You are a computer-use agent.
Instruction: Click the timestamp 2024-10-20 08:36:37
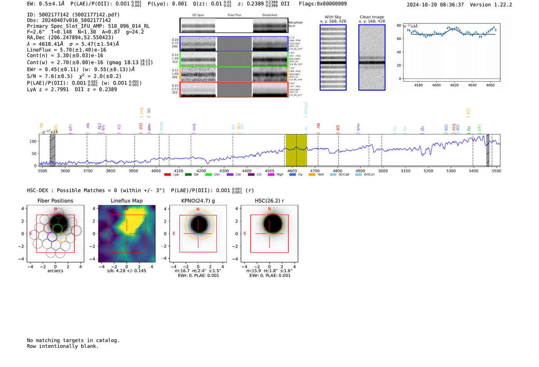435,5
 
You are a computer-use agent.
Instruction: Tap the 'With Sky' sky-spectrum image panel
333,57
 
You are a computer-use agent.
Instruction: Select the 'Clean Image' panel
372,57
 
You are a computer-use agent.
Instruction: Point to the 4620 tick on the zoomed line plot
454,85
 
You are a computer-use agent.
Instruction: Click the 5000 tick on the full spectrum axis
383,171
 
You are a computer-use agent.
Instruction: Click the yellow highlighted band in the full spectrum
296,150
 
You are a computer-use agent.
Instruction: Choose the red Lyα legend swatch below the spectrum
167,175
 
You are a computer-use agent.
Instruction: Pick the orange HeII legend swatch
312,175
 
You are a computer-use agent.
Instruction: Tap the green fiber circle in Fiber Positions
57,229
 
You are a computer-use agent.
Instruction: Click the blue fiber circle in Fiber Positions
52,237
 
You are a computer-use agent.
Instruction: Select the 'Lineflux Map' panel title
127,201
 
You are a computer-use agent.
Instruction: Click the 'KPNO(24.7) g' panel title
198,201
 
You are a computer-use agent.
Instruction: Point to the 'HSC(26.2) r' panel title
269,201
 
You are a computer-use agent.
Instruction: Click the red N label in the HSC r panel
269,209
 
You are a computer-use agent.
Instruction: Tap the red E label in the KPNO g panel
174,233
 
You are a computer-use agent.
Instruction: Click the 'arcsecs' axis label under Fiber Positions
55,271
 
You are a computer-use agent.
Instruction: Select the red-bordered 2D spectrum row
234,89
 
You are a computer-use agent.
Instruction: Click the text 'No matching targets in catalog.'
73,340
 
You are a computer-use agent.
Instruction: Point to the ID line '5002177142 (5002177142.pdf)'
73,15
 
